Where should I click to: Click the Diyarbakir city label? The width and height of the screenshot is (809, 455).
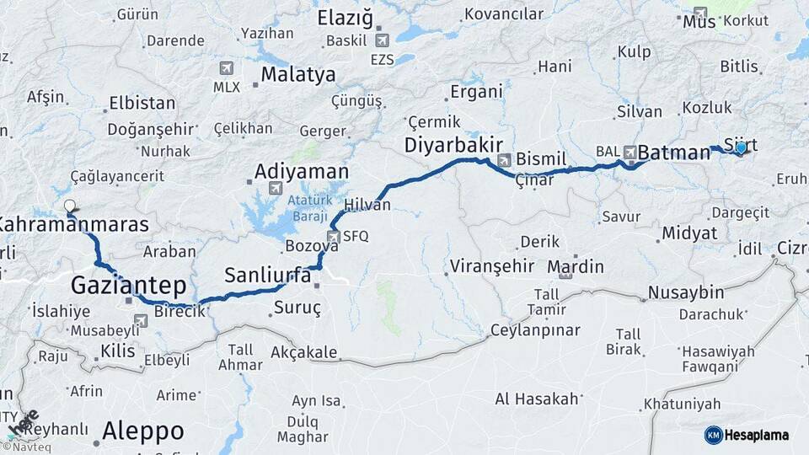453,144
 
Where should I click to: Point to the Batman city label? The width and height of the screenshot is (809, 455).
674,153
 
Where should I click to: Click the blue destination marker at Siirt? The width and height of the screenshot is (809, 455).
741,148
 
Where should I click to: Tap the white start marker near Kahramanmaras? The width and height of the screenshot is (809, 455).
70,206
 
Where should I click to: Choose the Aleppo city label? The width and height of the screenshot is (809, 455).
142,431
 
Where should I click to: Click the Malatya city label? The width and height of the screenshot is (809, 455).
297,74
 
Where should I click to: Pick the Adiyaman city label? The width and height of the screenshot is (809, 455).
301,171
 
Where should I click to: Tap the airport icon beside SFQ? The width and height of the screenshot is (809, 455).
334,237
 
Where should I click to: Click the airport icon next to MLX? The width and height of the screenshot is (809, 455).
226,67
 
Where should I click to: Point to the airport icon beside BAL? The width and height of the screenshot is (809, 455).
630,152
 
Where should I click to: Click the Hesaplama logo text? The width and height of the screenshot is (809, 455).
758,435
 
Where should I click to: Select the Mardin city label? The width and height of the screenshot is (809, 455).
576,266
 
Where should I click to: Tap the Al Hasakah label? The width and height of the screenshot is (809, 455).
537,399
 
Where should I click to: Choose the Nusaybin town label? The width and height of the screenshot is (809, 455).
685,292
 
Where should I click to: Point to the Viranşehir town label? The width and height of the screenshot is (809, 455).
492,267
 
